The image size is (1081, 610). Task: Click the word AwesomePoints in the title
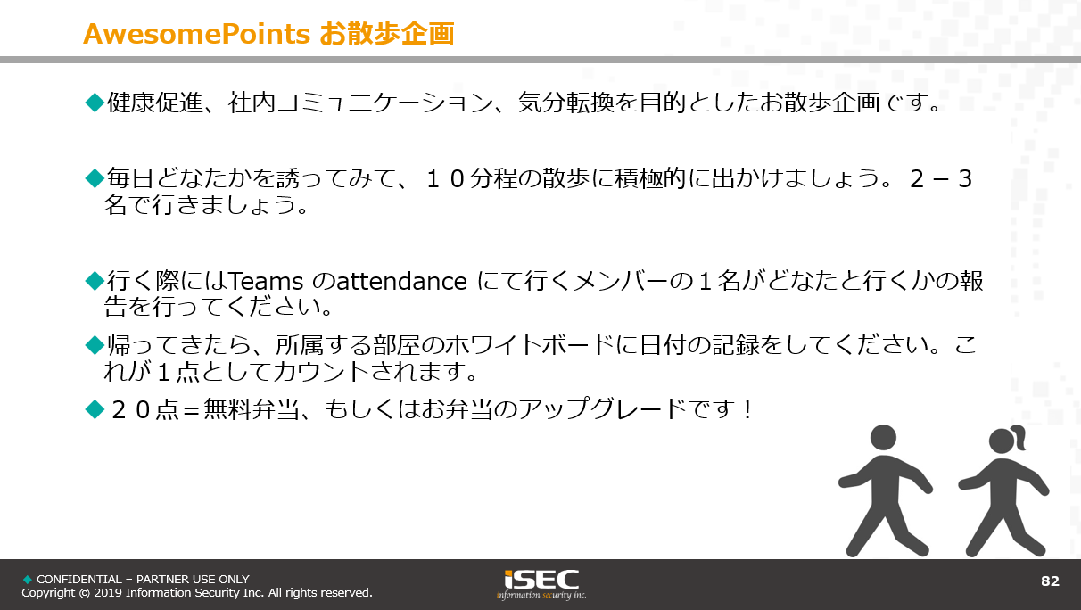196,34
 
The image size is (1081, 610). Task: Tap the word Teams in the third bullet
266,281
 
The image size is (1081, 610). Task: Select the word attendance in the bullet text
401,281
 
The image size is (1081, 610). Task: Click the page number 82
1050,581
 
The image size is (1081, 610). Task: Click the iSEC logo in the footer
541,584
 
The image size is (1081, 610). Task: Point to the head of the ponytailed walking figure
1002,441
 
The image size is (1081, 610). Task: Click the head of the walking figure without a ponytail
883,438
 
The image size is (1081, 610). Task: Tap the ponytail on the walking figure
1019,436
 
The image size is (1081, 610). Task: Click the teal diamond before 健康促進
95,103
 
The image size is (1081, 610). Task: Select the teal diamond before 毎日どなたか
95,178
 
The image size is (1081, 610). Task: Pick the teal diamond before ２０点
95,409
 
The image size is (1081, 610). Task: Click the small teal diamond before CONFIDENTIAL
28,579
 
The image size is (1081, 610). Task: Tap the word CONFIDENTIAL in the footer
79,579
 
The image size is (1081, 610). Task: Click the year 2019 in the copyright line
108,593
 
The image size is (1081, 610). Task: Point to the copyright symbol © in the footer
85,593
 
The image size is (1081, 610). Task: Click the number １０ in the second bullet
445,178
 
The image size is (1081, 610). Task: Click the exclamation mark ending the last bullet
747,409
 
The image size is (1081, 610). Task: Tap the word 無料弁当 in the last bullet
252,409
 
